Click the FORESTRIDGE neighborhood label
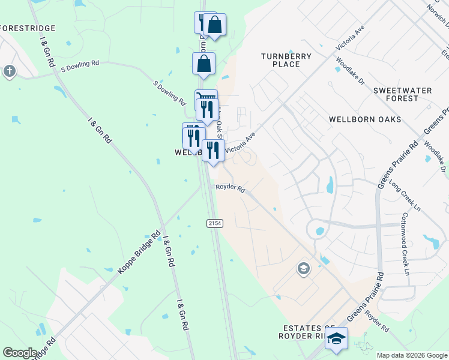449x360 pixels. point(28,28)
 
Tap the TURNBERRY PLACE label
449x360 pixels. point(286,60)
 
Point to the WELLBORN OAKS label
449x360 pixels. point(365,119)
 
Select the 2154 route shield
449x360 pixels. point(215,223)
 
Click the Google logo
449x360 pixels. point(20,352)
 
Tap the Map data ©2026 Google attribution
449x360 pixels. point(412,355)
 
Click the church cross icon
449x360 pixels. point(9,71)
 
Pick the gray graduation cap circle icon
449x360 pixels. point(304,268)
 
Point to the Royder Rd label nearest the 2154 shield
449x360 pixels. point(231,189)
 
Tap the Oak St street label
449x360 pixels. point(219,121)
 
